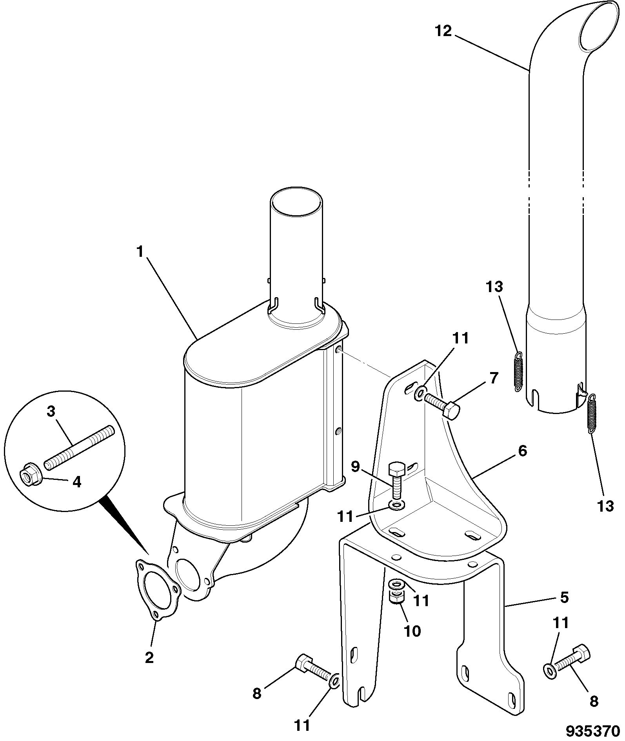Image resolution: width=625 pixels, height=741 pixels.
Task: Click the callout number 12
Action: tap(443, 31)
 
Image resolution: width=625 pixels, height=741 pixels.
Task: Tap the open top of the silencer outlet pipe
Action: tap(296, 202)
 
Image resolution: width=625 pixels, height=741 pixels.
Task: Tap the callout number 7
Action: tap(493, 378)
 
